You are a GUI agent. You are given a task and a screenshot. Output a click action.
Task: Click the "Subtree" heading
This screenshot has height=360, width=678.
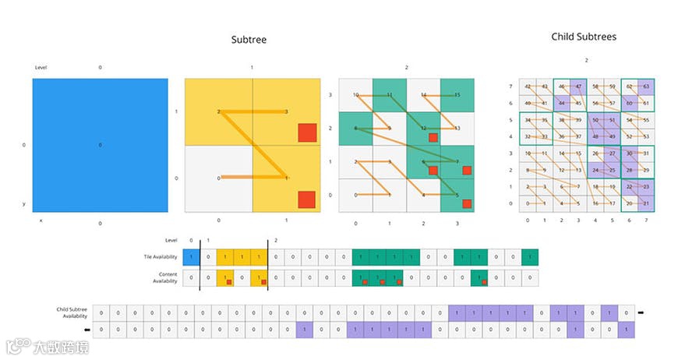pos(249,40)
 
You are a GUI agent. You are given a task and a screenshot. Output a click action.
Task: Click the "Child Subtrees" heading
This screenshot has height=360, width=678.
pos(585,37)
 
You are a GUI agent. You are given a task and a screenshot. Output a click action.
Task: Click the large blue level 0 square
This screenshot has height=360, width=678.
pos(100,145)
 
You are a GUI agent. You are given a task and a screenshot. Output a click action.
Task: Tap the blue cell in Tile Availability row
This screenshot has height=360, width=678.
pos(192,257)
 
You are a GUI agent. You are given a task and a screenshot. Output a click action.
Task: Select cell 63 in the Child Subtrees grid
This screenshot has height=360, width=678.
pos(645,86)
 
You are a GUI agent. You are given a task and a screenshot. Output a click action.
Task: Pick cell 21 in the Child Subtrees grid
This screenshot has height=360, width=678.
pos(645,203)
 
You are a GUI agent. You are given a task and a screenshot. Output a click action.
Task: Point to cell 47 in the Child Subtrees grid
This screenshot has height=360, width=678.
pos(577,86)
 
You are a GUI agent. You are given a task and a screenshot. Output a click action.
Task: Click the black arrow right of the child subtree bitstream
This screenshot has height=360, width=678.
pos(640,312)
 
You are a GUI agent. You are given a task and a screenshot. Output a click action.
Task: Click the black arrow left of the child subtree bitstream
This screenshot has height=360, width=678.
pos(86,330)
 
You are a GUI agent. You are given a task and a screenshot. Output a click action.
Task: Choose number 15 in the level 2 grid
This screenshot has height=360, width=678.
pos(457,95)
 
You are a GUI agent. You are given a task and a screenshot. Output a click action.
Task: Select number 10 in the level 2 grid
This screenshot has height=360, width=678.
pos(355,95)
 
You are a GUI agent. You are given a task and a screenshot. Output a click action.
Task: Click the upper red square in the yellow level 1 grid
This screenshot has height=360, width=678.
pos(307,133)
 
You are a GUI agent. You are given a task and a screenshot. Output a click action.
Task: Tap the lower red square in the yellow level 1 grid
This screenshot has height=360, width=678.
pos(307,200)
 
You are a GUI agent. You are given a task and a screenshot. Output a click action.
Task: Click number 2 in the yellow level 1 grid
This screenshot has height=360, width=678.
pos(219,112)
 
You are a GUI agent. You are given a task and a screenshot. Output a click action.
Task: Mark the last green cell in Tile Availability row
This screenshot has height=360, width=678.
pos(530,257)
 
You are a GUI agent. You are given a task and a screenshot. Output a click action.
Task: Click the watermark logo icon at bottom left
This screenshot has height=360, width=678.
pos(14,345)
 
